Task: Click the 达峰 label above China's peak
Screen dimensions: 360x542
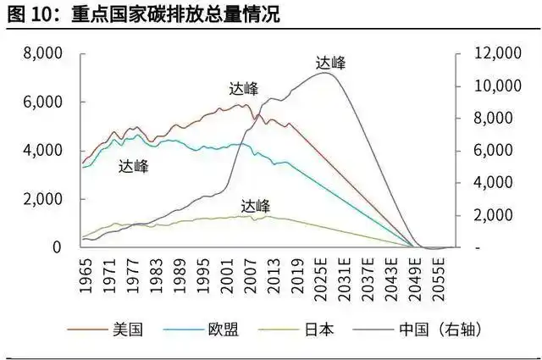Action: (x=330, y=62)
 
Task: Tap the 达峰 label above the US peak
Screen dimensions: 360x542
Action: (x=244, y=89)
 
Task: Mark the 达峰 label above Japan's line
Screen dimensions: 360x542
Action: (x=255, y=206)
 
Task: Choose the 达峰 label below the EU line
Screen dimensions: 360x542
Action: (x=134, y=167)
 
